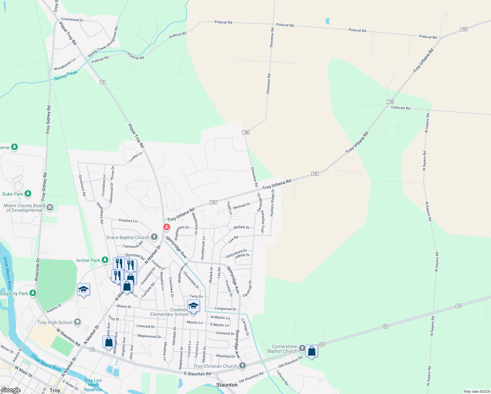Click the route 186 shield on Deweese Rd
point(246,132)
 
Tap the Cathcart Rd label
point(400,108)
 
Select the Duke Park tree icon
point(28,194)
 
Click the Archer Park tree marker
point(105,260)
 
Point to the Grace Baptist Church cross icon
point(154,237)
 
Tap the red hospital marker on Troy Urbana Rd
point(167,227)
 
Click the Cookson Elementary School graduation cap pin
point(193,306)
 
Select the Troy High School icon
point(77,322)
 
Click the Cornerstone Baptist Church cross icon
point(302,347)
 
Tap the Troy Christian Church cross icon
point(242,366)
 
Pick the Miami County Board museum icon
point(50,207)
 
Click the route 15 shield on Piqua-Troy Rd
point(103,82)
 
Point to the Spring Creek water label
point(66,76)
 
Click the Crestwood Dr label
point(72,19)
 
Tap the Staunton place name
point(227,385)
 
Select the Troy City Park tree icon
point(32,293)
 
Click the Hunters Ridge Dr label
point(272,203)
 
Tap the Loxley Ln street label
point(136,157)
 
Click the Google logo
point(11,390)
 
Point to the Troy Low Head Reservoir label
point(93,385)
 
